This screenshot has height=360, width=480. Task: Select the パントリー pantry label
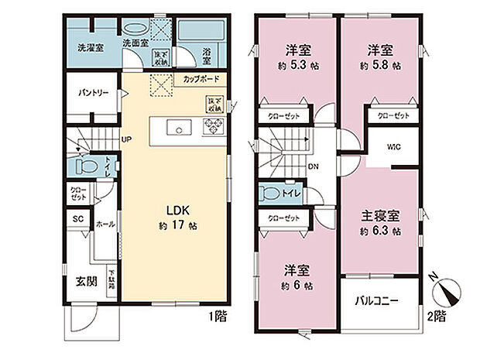[x=92, y=93]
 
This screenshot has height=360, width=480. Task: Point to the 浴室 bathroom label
[x=207, y=56]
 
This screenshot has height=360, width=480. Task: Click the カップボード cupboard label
[x=201, y=79]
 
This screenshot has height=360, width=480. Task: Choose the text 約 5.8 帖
[x=379, y=66]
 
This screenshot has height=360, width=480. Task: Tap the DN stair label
[x=311, y=166]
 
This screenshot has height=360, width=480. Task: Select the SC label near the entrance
[x=77, y=220]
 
